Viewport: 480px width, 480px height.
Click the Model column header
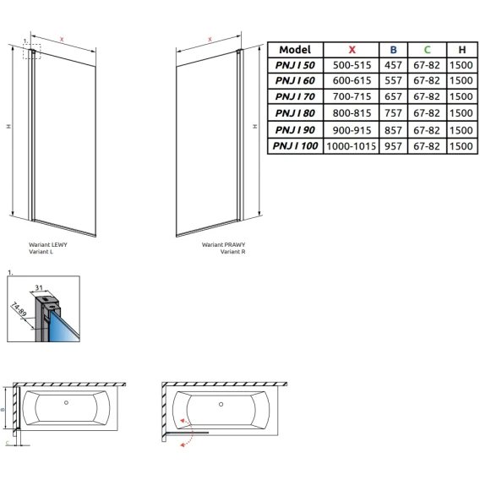(295, 50)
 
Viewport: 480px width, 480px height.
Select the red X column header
(352, 50)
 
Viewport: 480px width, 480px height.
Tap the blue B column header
(393, 50)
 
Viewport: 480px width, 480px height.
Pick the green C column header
(427, 50)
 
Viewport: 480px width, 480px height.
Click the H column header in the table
(462, 50)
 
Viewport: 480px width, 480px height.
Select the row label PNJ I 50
(295, 65)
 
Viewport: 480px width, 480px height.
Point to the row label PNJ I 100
(295, 146)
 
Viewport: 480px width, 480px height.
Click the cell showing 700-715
(352, 96)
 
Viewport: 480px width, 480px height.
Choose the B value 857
(393, 130)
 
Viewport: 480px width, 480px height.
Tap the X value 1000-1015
(351, 146)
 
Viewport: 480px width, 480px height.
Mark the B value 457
(393, 65)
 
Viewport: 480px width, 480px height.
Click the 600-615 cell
(352, 80)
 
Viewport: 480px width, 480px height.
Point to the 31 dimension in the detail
(39, 287)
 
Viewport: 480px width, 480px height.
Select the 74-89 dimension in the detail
(19, 309)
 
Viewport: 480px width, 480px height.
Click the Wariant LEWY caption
(48, 244)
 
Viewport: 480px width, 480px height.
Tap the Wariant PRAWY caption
(223, 244)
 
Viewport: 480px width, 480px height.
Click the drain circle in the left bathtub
(66, 403)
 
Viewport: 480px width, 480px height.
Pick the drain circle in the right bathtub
(221, 405)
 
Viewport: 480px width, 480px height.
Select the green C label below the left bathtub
(8, 443)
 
